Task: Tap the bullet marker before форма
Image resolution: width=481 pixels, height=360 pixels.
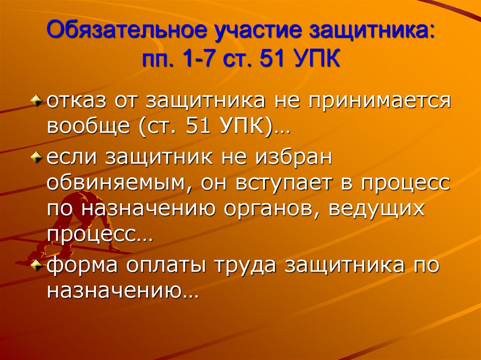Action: coord(39,266)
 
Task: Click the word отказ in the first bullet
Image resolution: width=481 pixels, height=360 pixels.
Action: coord(74,102)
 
